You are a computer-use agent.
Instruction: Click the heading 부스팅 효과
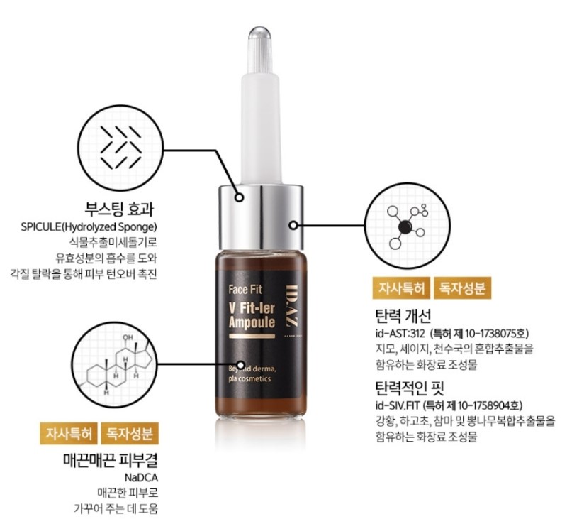click(119, 209)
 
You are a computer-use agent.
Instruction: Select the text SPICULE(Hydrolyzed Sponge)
click(89, 227)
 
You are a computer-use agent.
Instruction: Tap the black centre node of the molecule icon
click(405, 227)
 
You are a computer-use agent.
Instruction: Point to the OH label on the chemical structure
click(128, 337)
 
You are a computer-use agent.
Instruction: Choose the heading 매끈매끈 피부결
click(111, 460)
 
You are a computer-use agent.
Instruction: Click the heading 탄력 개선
click(403, 316)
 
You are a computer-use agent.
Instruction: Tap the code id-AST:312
click(400, 334)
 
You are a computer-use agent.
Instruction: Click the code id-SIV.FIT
click(398, 405)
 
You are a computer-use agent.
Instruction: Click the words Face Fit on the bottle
click(245, 290)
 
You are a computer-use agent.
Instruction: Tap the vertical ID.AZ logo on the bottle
click(291, 305)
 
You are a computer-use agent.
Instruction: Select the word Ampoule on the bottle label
click(252, 322)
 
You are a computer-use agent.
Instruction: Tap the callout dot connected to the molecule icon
click(293, 225)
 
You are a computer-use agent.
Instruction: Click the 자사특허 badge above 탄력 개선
click(401, 288)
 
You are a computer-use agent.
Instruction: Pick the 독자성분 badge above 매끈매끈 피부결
click(130, 433)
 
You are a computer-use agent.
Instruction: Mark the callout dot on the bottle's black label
click(241, 365)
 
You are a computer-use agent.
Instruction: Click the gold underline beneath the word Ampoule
click(252, 337)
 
